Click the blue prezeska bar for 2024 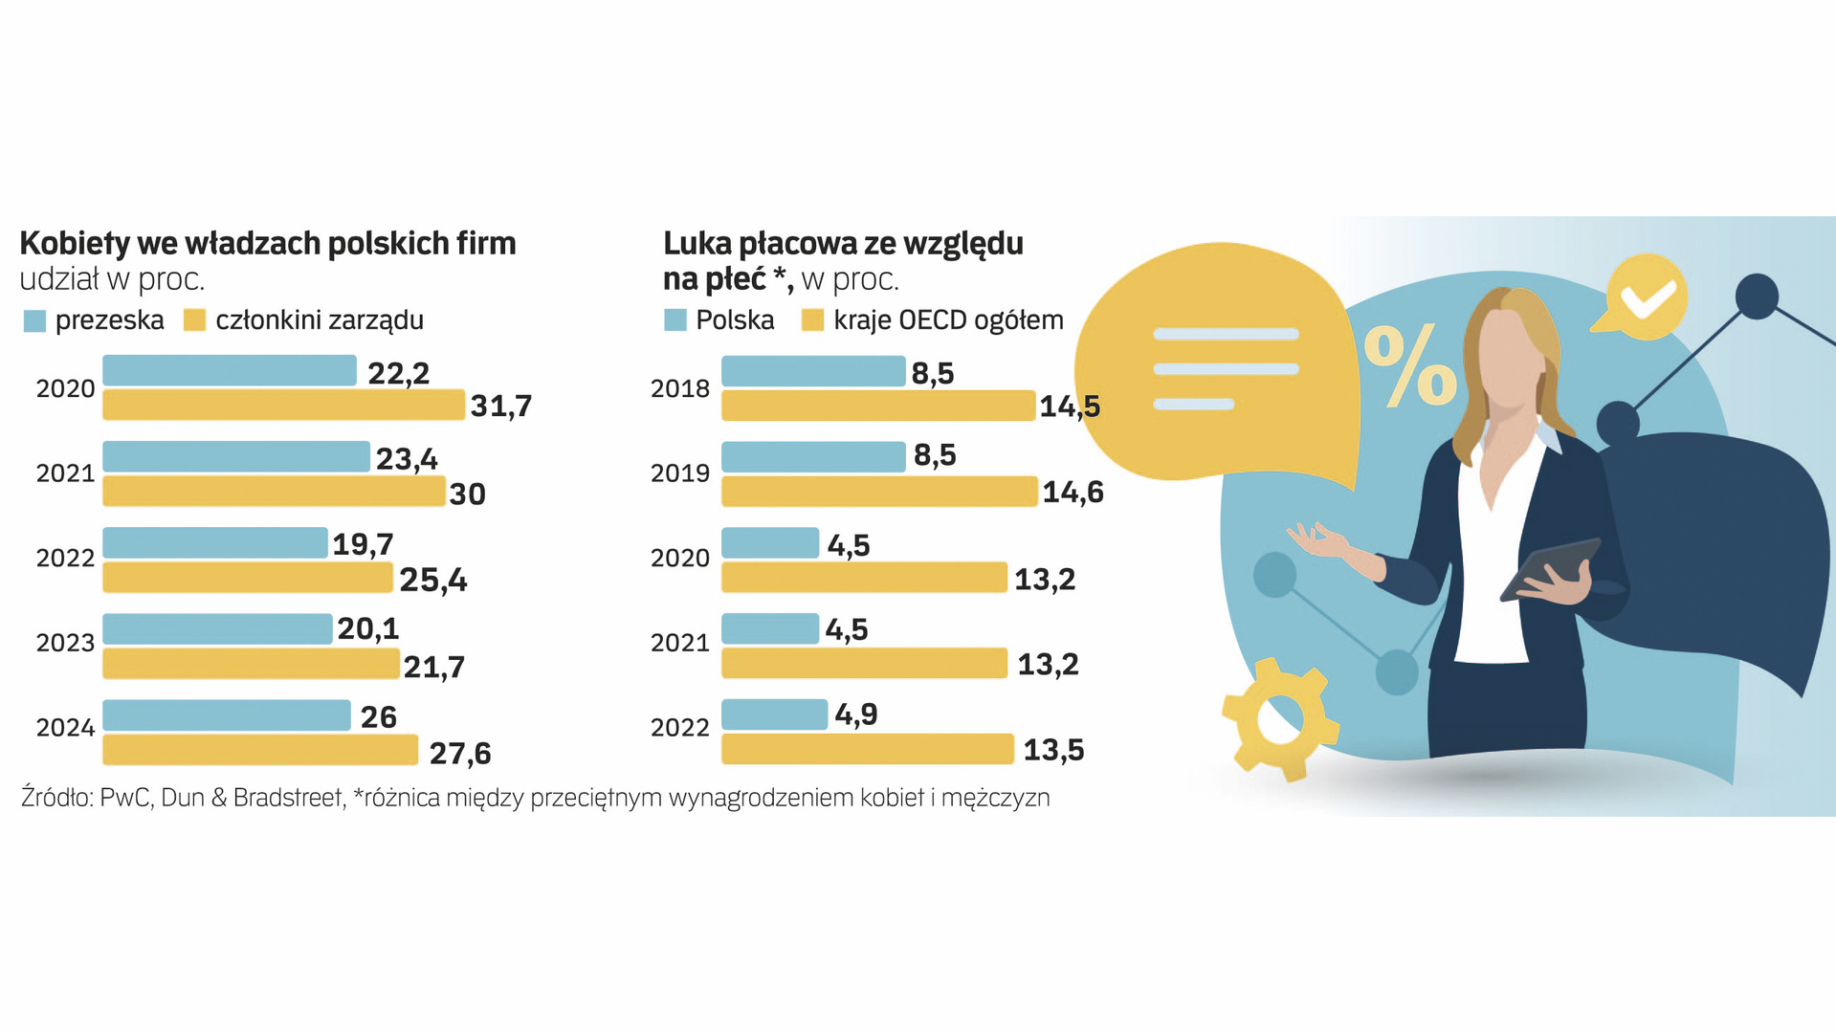point(227,715)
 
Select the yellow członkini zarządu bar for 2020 point(283,406)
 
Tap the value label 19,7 point(363,544)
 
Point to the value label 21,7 point(433,667)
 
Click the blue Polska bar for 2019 point(813,457)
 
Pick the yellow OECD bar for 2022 point(867,749)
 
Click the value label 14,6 point(1073,493)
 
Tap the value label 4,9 point(855,714)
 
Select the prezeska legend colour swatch point(34,320)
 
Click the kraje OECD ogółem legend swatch point(812,320)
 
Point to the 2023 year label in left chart point(65,643)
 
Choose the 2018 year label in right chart point(680,388)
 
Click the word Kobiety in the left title point(75,244)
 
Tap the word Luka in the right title point(697,244)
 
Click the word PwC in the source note point(124,798)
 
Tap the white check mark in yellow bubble point(1648,297)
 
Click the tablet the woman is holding point(1550,568)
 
